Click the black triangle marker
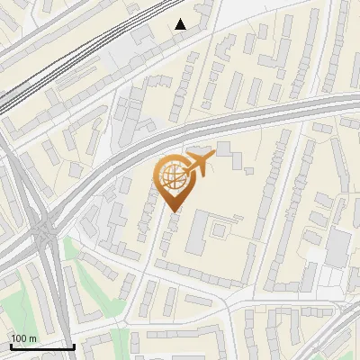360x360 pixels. pyautogui.click(x=181, y=24)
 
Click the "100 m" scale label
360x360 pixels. pyautogui.click(x=23, y=337)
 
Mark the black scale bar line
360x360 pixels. pyautogui.click(x=41, y=346)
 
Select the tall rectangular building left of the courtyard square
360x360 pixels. pyautogui.click(x=197, y=233)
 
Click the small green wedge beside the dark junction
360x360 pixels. pyautogui.click(x=71, y=247)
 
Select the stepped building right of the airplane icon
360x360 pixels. pyautogui.click(x=232, y=159)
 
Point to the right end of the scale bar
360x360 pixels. pyautogui.click(x=74, y=346)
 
